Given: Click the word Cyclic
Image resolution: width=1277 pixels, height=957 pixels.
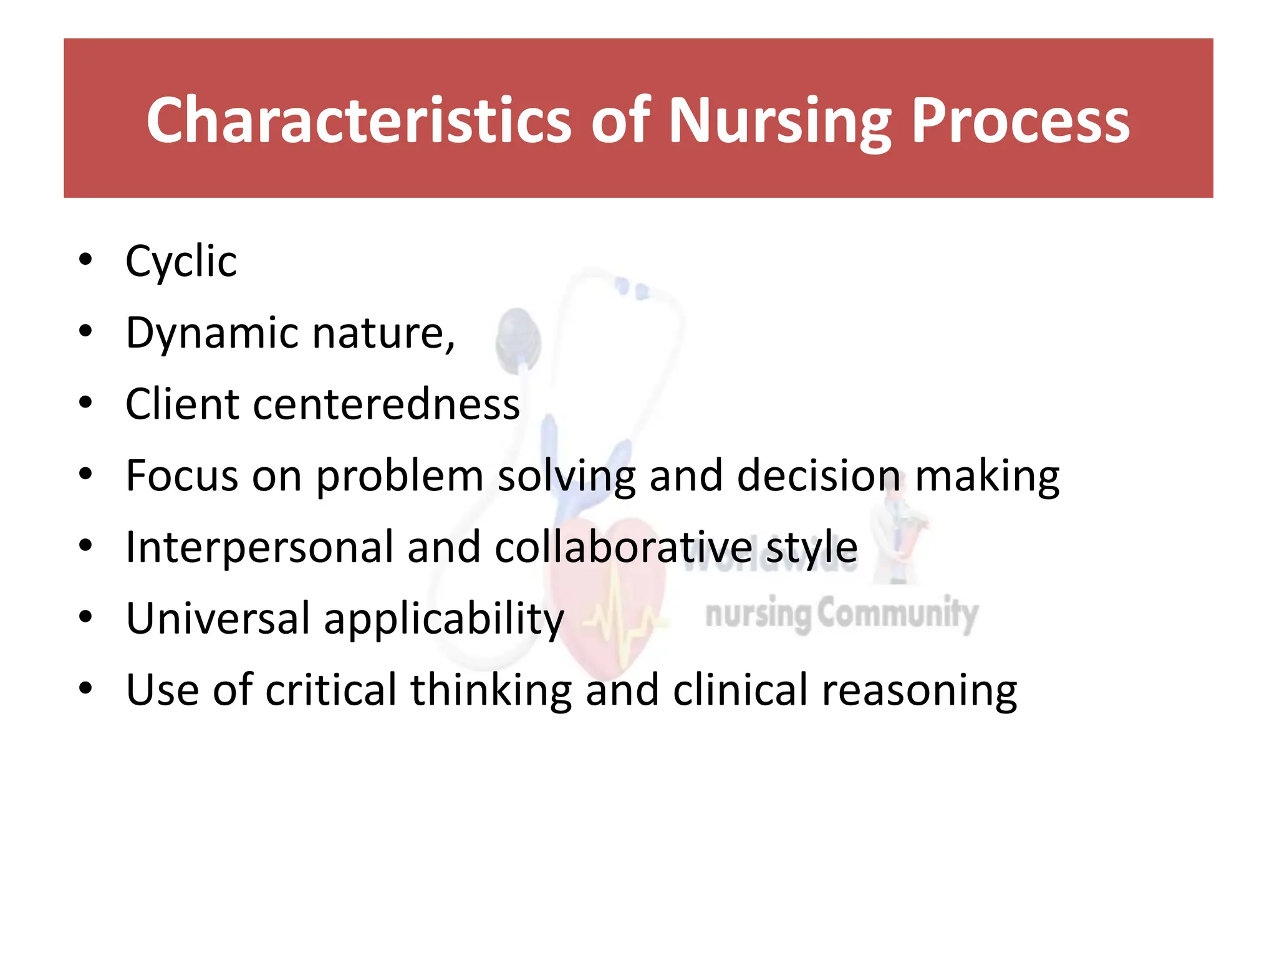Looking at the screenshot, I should pos(181,262).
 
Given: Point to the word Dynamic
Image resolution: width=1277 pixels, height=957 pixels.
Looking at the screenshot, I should pos(212,334).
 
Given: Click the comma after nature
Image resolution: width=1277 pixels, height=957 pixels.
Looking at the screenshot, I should pos(450,346).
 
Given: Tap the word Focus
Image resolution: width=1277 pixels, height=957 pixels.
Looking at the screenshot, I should pos(182,476).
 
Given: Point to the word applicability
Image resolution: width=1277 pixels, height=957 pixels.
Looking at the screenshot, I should pos(443,621).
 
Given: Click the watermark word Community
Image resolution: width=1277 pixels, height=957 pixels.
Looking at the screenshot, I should pos(897,614).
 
